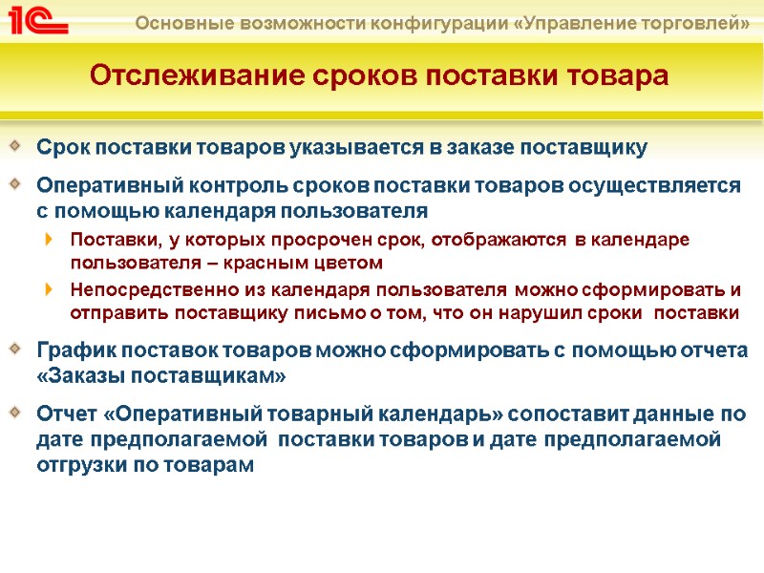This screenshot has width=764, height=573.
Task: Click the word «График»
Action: click(x=69, y=350)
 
